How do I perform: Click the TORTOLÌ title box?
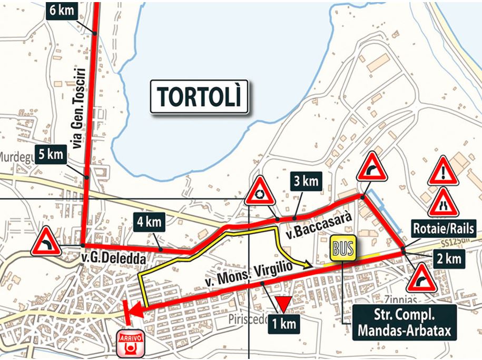pyautogui.click(x=199, y=97)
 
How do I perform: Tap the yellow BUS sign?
pyautogui.click(x=342, y=248)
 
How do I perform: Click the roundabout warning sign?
pyautogui.click(x=260, y=192)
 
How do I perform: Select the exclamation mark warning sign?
pyautogui.click(x=443, y=171)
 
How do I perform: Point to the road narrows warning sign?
pyautogui.click(x=443, y=203)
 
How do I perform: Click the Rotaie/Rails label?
pyautogui.click(x=444, y=229)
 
